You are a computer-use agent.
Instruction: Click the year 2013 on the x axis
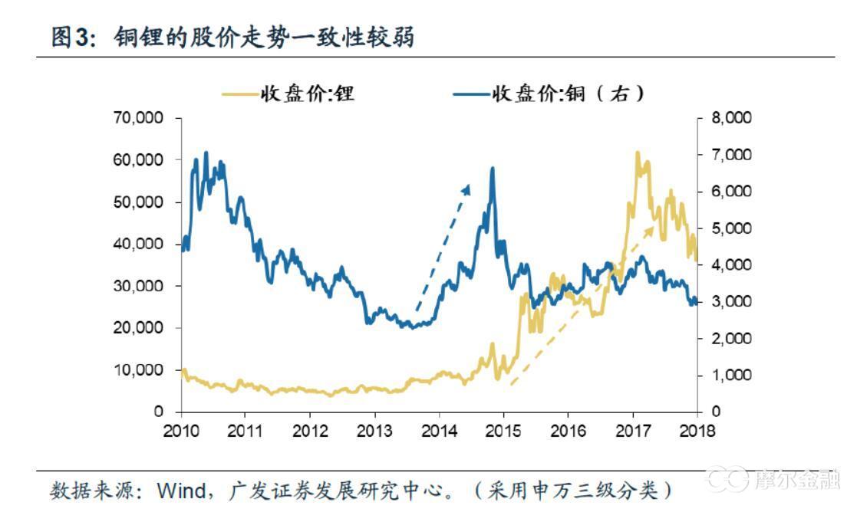pyautogui.click(x=375, y=430)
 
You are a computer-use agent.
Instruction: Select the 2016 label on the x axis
pyautogui.click(x=569, y=430)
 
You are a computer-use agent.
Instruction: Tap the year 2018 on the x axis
pyautogui.click(x=697, y=430)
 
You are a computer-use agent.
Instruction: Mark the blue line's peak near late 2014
pyautogui.click(x=492, y=169)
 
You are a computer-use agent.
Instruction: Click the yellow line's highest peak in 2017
pyautogui.click(x=638, y=153)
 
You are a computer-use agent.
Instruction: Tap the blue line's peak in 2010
pyautogui.click(x=206, y=153)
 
